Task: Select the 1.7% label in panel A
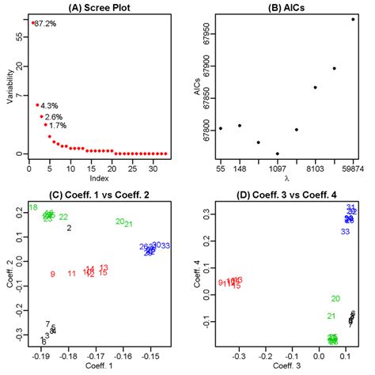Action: [x=57, y=125]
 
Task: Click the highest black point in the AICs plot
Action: [x=353, y=19]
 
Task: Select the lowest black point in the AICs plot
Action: [x=277, y=153]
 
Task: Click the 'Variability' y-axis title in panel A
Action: [x=9, y=85]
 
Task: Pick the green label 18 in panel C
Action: [x=32, y=208]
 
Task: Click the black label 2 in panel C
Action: [x=69, y=228]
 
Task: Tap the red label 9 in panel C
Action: [x=52, y=275]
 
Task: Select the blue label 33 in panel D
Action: [x=345, y=232]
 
